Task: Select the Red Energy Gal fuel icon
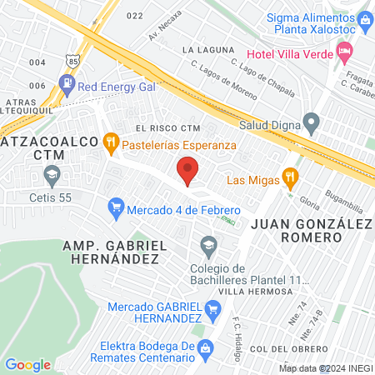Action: pos(66,84)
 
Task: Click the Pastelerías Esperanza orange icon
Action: pos(110,143)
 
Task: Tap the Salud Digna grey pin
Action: pos(312,123)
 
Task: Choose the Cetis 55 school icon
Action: pos(52,176)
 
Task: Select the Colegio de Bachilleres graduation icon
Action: pos(207,243)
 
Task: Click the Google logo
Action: pos(27,364)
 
